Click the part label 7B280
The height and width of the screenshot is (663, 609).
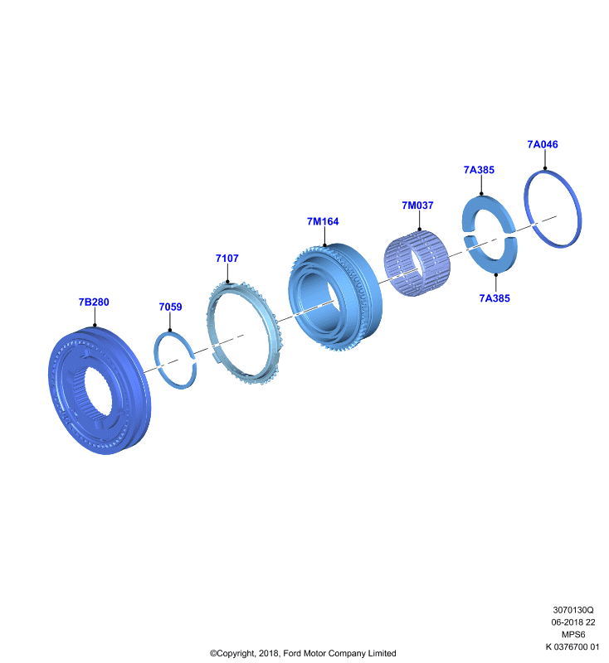pyautogui.click(x=94, y=302)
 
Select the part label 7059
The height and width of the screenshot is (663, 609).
pyautogui.click(x=170, y=307)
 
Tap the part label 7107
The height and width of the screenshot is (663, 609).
pyautogui.click(x=227, y=259)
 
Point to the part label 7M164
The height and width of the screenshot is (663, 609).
pyautogui.click(x=323, y=221)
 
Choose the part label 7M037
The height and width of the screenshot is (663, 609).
pyautogui.click(x=417, y=206)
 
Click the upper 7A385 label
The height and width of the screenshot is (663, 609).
pyautogui.click(x=479, y=170)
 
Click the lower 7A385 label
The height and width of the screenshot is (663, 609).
pyautogui.click(x=495, y=298)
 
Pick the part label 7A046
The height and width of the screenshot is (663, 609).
pyautogui.click(x=543, y=144)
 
